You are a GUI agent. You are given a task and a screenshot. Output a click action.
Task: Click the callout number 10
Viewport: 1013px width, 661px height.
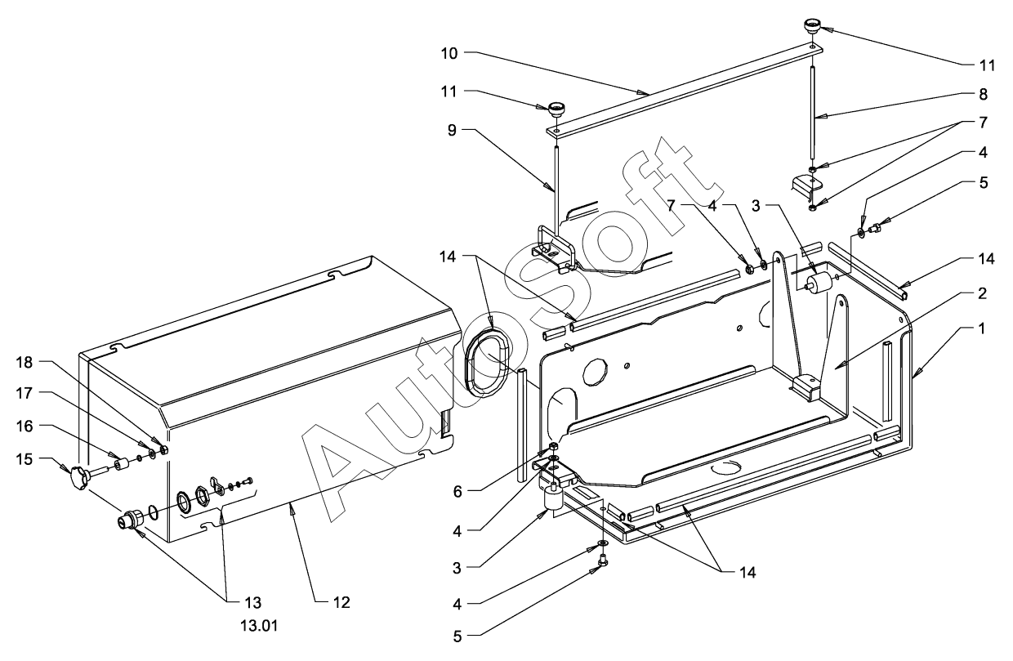(x=449, y=53)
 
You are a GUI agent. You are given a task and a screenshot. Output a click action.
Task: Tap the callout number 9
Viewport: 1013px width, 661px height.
(x=452, y=130)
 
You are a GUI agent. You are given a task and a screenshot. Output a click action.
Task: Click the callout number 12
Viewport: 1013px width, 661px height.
(x=341, y=602)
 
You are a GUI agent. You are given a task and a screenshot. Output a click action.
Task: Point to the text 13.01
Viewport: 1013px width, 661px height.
(x=259, y=626)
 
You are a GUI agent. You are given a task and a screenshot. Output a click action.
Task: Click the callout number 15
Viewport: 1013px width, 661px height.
(x=25, y=459)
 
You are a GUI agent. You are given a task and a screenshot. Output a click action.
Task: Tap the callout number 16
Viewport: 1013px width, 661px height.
(x=25, y=426)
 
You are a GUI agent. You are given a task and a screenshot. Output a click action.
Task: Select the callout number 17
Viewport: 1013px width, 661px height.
(x=25, y=393)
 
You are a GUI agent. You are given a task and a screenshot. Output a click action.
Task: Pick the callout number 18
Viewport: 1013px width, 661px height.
(x=25, y=362)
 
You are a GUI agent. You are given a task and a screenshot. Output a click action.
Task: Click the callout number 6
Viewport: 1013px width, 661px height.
(x=457, y=491)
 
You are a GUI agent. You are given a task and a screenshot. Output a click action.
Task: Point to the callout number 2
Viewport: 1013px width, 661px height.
(x=982, y=293)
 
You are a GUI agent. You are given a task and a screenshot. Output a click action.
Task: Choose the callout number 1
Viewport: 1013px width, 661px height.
(x=981, y=328)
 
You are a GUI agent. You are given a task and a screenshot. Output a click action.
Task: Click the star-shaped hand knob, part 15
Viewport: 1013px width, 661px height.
(x=79, y=478)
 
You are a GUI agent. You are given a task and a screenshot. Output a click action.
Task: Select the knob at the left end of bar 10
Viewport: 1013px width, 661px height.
(x=557, y=110)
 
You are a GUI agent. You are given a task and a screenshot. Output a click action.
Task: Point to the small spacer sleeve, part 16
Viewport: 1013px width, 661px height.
(x=121, y=465)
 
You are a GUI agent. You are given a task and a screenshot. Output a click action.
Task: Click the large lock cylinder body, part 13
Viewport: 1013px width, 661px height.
(x=130, y=519)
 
